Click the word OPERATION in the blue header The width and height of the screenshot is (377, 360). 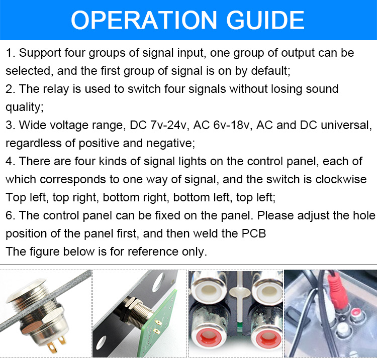click(144, 20)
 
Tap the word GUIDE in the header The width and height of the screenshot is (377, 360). click(265, 20)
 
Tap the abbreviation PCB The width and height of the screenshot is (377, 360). click(254, 233)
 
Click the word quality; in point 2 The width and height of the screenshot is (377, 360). click(25, 107)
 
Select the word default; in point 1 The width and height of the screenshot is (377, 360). click(270, 71)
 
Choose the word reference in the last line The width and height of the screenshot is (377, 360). click(153, 252)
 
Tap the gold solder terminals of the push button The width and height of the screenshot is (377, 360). click(57, 344)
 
